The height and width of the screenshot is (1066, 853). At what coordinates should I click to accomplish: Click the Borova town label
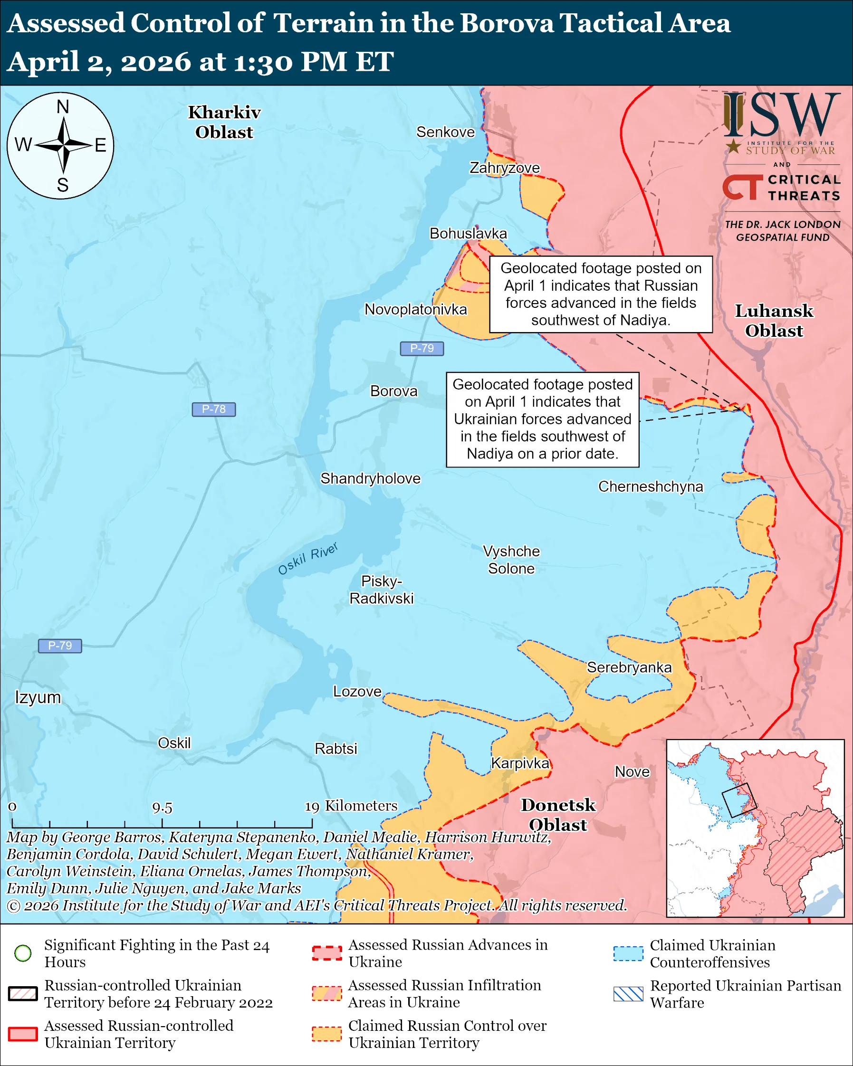[393, 391]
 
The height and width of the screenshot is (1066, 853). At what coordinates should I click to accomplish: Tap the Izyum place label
[38, 697]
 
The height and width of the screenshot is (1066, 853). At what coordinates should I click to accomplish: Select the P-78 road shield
[214, 409]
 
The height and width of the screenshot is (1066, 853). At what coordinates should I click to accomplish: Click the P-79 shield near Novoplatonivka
[422, 349]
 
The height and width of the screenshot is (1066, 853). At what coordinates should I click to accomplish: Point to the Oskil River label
[307, 559]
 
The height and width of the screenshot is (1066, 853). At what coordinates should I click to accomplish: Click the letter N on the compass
[63, 107]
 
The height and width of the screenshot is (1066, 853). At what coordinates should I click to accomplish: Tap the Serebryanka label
[629, 667]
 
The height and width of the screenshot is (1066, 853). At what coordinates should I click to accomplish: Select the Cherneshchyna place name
[650, 486]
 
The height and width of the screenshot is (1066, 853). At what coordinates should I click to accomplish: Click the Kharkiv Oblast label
[224, 122]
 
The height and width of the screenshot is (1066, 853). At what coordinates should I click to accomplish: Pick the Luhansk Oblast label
[774, 320]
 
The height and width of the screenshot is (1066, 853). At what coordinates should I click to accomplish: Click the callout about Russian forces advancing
[601, 294]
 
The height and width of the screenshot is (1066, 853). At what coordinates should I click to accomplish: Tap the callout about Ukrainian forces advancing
[543, 419]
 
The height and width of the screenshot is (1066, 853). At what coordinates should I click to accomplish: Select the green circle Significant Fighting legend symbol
[23, 953]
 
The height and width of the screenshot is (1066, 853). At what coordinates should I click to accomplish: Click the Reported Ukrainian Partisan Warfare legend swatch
[628, 994]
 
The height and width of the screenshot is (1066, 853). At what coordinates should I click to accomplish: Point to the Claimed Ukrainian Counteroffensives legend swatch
[628, 953]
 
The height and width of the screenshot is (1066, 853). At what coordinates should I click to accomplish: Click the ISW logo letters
[781, 116]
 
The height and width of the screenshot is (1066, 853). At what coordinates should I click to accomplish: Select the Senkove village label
[445, 132]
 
